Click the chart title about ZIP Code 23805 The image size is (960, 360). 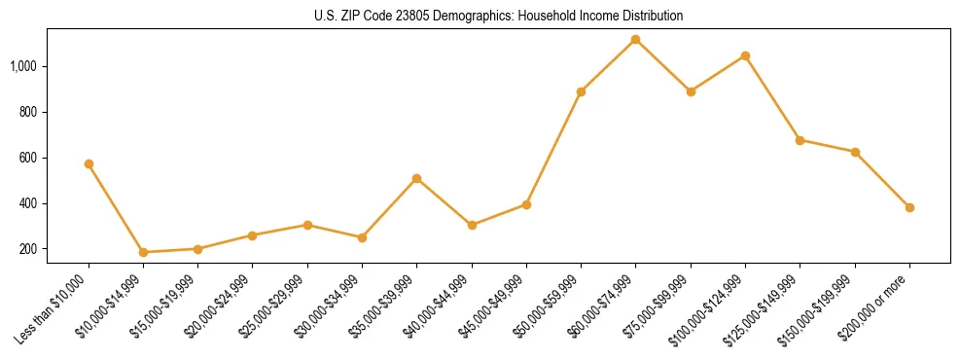coord(480,16)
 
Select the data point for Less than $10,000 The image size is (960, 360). coord(89,163)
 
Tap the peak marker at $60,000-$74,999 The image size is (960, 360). coord(635,40)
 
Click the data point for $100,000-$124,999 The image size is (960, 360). coord(745,55)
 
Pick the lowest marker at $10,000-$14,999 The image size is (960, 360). coord(143,252)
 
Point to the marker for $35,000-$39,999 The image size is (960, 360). coord(416,178)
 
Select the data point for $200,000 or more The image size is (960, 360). coord(909,207)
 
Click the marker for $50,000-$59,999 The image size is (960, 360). coord(581,91)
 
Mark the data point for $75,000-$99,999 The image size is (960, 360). coord(691,91)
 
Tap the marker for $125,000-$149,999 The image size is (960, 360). coord(800,140)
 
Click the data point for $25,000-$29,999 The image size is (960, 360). coord(307,225)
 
